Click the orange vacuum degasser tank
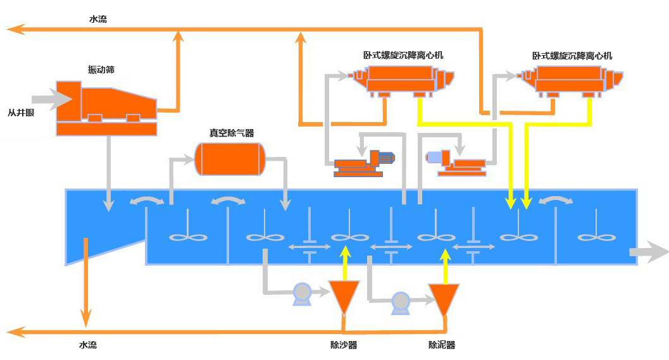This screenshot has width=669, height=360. coord(229,159)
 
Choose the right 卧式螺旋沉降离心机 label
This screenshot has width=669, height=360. coord(572,56)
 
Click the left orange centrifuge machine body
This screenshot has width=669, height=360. coord(403,80)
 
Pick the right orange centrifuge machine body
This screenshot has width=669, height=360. coord(572,80)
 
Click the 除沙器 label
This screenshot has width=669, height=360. coord(344,345)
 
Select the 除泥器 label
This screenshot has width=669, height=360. coord(442,345)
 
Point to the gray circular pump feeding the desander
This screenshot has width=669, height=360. coord(302,292)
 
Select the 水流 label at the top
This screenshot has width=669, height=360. coord(98,20)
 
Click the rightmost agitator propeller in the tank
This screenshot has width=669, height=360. coord(597,237)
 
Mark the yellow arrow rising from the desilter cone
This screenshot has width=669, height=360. coord(445,266)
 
